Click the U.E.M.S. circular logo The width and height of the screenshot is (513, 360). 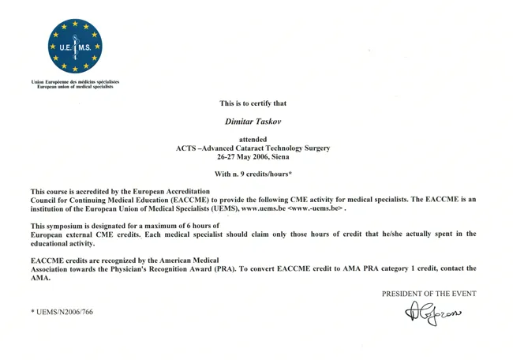(75, 47)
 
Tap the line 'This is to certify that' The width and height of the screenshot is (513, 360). (253, 103)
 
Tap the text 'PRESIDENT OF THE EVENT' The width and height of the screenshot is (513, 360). (429, 294)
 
